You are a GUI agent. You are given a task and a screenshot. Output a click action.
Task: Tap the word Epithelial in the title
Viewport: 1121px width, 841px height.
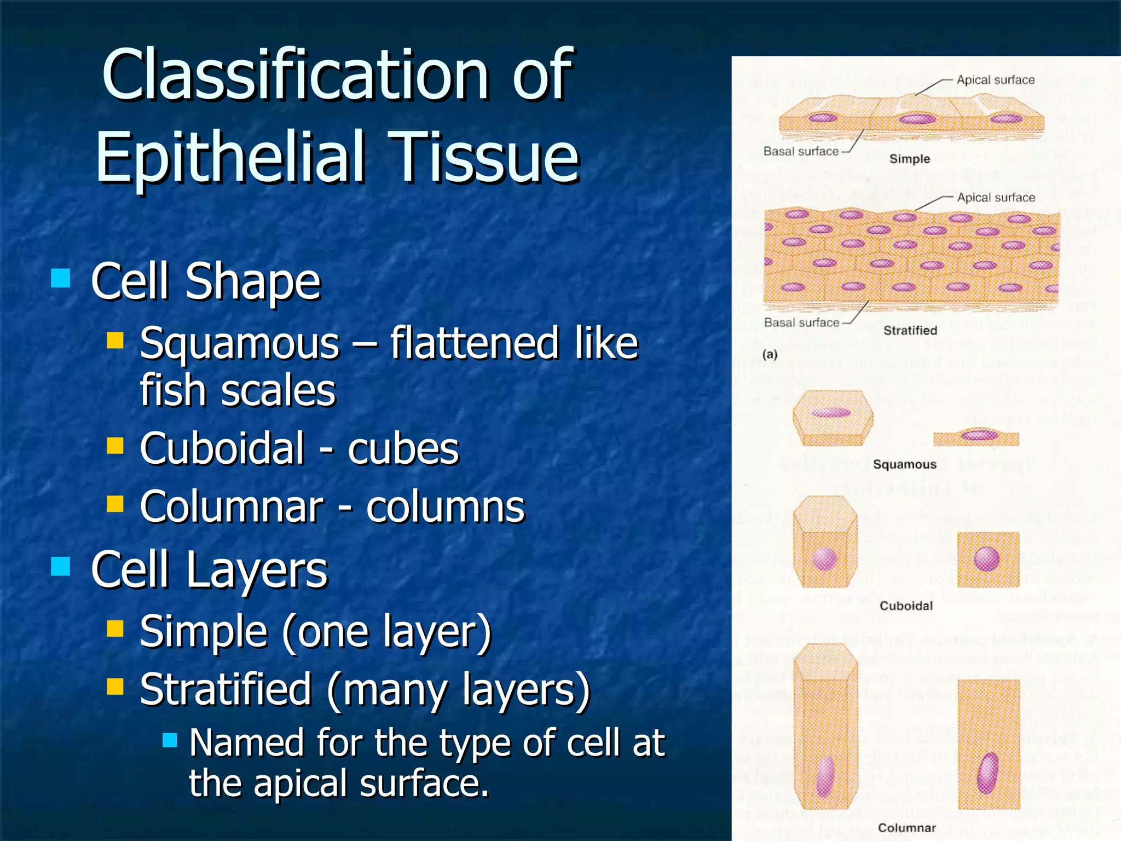click(x=230, y=157)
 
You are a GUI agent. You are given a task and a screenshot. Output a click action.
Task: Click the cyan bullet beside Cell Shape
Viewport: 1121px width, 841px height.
click(x=60, y=278)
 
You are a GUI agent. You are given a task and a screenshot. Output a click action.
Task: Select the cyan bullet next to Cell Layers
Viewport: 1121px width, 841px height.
click(x=60, y=567)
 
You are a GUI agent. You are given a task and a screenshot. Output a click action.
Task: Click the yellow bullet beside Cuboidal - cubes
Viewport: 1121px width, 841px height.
click(x=115, y=446)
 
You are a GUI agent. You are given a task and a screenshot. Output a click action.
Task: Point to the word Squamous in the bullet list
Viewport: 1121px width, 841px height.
click(x=240, y=344)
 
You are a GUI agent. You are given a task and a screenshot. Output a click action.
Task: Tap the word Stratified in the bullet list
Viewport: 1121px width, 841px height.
click(x=226, y=689)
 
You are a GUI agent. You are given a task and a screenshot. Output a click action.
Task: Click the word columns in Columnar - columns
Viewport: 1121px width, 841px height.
click(x=445, y=507)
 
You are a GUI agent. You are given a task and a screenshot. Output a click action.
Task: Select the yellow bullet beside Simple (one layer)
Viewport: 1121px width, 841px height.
click(x=115, y=629)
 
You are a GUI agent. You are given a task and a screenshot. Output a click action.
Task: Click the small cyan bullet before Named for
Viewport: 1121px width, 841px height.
click(x=170, y=740)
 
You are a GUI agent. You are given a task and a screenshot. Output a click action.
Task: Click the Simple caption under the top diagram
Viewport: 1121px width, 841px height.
click(x=909, y=159)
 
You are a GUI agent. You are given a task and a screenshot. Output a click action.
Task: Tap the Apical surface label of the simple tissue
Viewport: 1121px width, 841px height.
click(x=995, y=80)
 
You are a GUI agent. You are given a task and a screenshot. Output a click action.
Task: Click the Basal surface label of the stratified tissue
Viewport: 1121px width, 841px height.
click(x=801, y=322)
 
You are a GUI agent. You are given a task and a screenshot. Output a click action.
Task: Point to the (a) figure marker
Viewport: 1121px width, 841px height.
click(x=770, y=354)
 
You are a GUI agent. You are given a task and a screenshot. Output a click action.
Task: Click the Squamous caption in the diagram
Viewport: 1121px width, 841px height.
click(x=904, y=464)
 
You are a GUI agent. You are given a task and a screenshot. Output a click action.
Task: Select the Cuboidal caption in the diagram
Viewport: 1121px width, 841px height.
click(x=906, y=606)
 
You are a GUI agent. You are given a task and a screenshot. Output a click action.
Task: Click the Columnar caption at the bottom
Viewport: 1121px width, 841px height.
click(x=906, y=827)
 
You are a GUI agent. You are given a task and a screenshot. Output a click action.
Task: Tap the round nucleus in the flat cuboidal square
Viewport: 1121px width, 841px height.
click(x=987, y=559)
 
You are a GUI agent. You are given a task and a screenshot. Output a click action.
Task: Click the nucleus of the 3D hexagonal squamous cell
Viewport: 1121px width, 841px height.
click(x=831, y=413)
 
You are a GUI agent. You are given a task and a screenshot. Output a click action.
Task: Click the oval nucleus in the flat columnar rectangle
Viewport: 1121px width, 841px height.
click(x=987, y=773)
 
